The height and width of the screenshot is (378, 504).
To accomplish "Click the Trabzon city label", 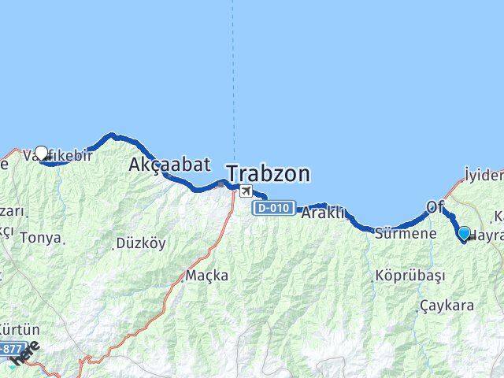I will point(268,173).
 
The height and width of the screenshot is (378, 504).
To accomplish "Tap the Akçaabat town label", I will point(169,165).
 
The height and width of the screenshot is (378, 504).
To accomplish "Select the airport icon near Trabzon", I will point(246,191).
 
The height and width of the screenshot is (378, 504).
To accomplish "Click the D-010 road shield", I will point(274,209).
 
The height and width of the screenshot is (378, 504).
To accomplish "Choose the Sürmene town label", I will point(406,233).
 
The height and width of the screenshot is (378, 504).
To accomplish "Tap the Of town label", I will point(435,207).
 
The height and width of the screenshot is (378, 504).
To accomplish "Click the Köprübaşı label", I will point(410,276).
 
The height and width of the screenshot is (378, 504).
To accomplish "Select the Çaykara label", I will point(447,305).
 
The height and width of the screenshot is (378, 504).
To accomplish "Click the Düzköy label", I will point(140,243).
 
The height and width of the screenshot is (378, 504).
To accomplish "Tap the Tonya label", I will point(39,236).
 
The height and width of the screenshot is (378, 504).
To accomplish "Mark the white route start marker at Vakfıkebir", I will point(41,153).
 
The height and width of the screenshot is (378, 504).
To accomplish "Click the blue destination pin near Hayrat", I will point(464,233).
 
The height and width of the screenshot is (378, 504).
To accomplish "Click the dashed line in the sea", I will point(233,79).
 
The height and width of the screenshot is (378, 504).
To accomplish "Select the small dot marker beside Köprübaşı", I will point(374,278).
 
